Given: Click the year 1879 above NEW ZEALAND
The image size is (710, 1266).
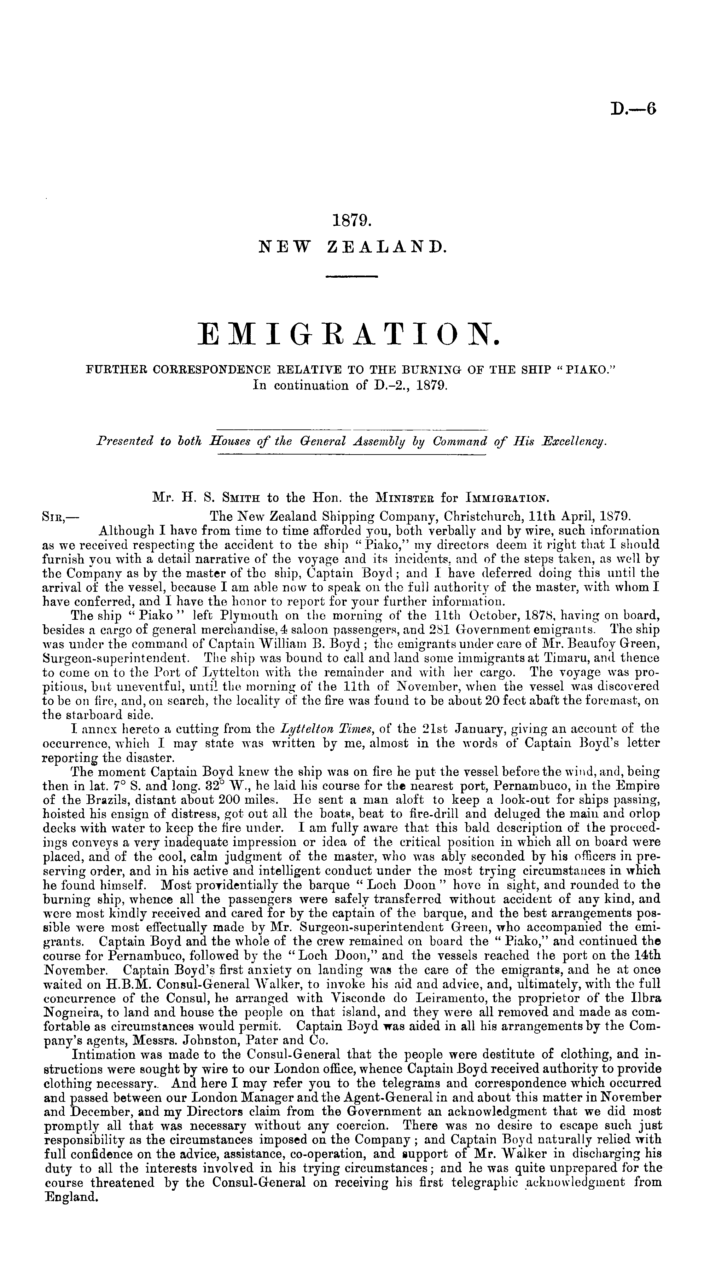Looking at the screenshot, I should (352, 221).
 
